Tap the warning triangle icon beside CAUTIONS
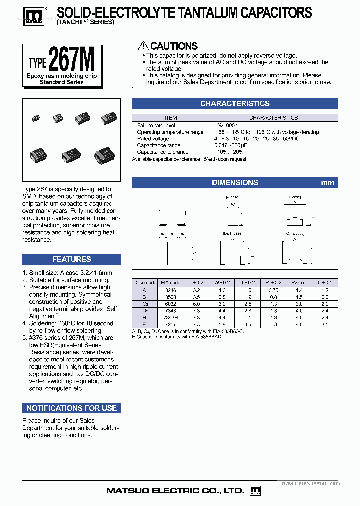click(143, 46)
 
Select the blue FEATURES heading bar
click(71, 259)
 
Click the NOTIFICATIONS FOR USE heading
click(71, 408)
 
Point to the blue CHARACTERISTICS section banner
click(234, 104)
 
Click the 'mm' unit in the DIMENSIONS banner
click(327, 183)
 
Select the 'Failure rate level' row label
click(156, 126)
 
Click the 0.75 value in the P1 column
click(274, 290)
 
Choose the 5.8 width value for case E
click(222, 324)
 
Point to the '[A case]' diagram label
click(233, 198)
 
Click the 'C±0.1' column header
click(325, 282)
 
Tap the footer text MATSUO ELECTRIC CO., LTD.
click(175, 491)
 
